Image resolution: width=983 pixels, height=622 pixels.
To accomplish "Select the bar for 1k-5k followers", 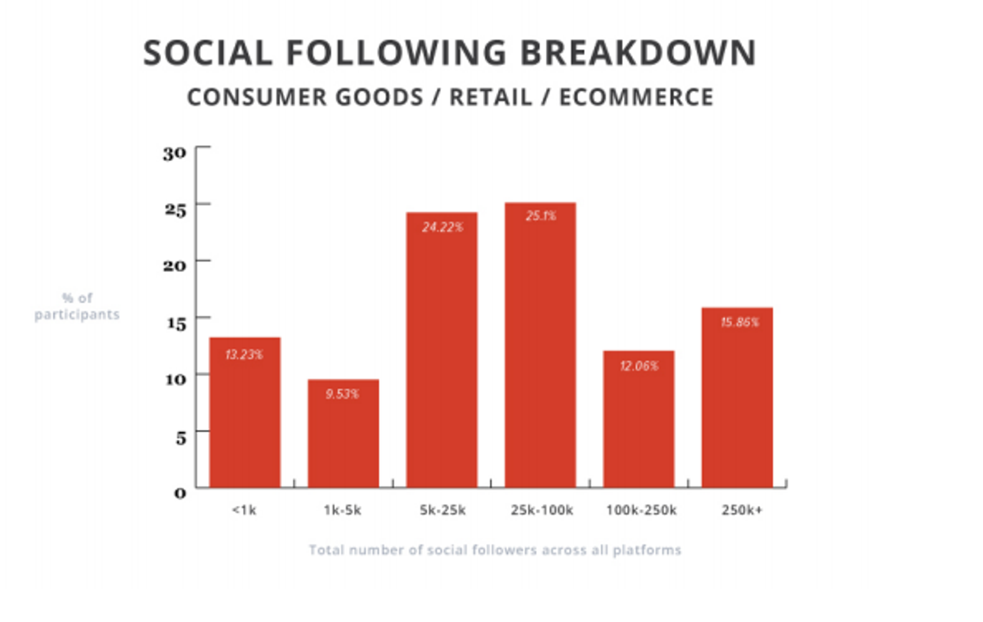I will pyautogui.click(x=343, y=441).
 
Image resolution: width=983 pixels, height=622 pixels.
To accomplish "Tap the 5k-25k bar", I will pyautogui.click(x=442, y=359).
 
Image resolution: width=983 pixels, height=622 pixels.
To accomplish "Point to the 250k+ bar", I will pyautogui.click(x=737, y=408).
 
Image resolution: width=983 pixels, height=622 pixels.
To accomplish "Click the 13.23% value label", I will pyautogui.click(x=244, y=354).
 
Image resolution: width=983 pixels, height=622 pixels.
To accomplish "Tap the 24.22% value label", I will pyautogui.click(x=443, y=227).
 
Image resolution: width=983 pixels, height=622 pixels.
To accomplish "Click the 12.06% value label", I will pyautogui.click(x=639, y=366).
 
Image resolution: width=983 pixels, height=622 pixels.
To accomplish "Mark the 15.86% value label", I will pyautogui.click(x=740, y=322).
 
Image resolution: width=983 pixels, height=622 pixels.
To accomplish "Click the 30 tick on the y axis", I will pyautogui.click(x=174, y=154).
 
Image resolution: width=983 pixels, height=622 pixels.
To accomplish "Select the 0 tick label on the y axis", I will pyautogui.click(x=180, y=494).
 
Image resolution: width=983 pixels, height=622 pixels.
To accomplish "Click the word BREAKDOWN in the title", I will pyautogui.click(x=638, y=53).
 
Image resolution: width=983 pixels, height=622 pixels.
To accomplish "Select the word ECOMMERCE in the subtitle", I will pyautogui.click(x=636, y=97).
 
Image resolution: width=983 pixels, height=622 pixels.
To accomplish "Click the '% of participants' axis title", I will pyautogui.click(x=77, y=306).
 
